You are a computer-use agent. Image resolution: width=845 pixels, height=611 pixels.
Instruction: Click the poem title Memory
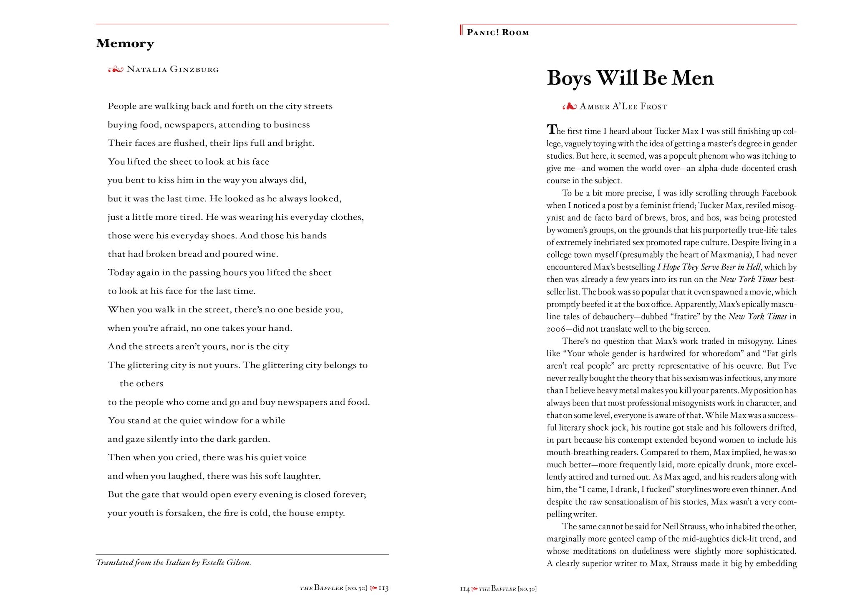[125, 43]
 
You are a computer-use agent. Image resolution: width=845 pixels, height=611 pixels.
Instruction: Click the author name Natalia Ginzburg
[172, 69]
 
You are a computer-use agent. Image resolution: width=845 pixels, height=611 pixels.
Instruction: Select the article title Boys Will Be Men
[630, 78]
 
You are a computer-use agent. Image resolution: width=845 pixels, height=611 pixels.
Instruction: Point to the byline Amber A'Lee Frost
[623, 107]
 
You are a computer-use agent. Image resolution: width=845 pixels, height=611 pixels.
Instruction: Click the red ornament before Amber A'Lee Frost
[569, 107]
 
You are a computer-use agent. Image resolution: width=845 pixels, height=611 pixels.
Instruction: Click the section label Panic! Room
[498, 33]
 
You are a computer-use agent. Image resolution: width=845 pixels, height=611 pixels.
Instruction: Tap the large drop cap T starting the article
[552, 129]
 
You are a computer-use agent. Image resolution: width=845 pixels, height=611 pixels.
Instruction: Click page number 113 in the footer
[383, 588]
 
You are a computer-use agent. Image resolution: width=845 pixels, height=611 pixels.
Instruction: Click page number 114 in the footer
[464, 589]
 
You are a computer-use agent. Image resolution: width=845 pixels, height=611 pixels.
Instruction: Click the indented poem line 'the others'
[141, 383]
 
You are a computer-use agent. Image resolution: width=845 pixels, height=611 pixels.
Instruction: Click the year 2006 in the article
[556, 329]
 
